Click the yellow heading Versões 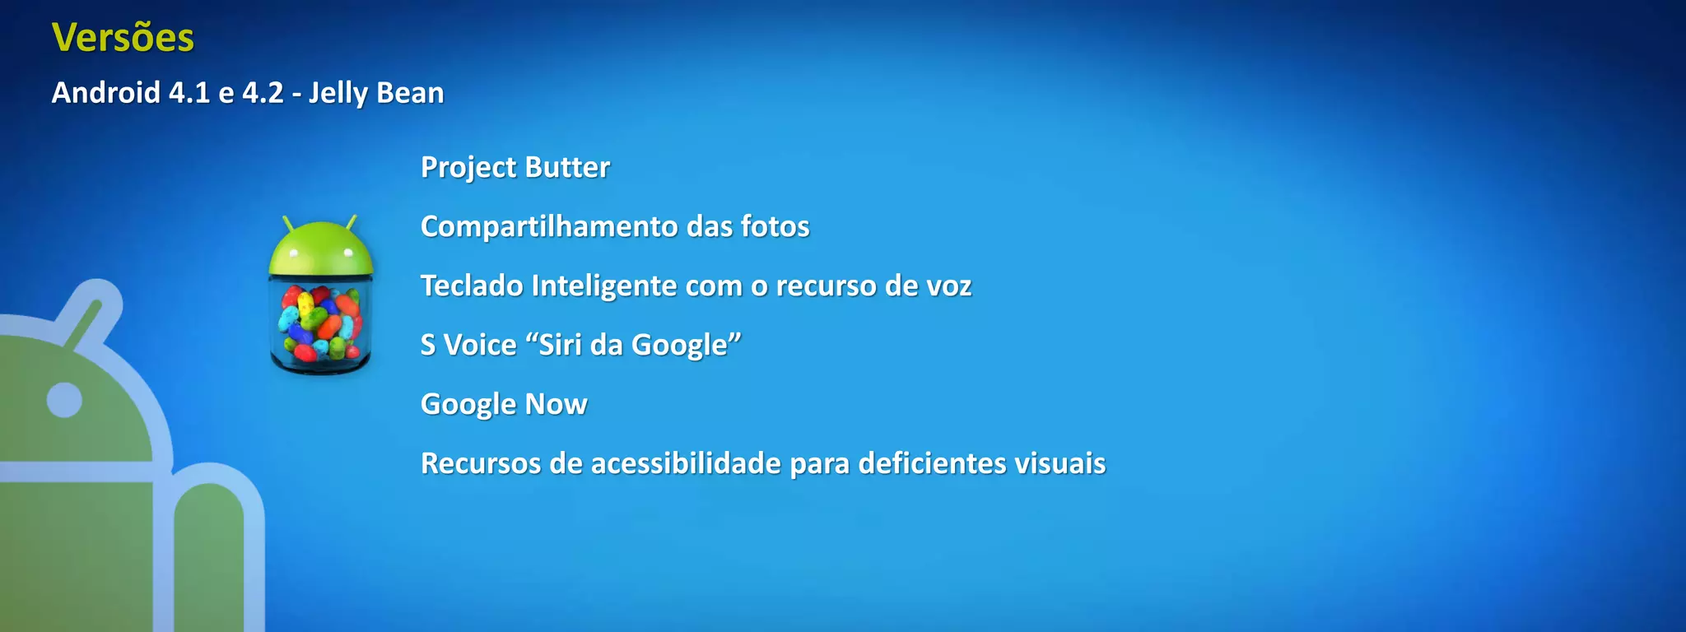point(123,38)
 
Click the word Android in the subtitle point(106,93)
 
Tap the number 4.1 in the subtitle point(189,93)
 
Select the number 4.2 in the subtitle point(263,93)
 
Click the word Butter point(567,167)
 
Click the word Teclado point(472,286)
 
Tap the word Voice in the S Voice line point(480,345)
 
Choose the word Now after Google point(556,404)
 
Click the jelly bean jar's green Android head point(321,249)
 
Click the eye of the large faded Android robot point(64,400)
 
